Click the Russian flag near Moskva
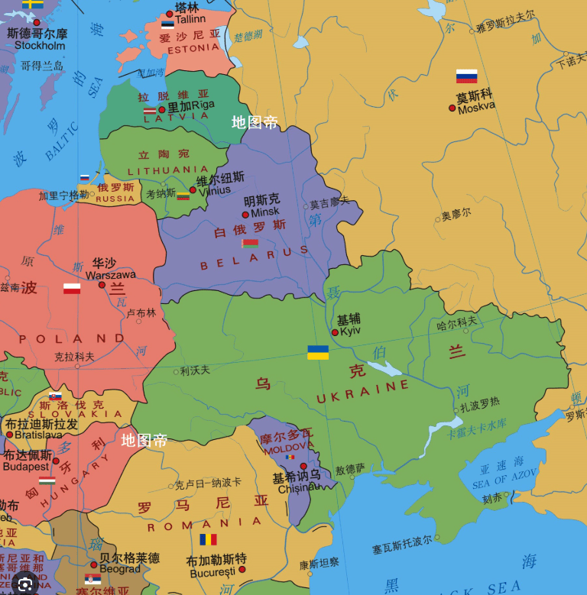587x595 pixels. click(466, 76)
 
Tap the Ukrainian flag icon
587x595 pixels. click(318, 352)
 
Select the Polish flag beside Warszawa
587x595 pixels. click(72, 289)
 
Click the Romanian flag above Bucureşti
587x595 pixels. click(208, 539)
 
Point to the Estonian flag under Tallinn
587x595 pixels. click(167, 24)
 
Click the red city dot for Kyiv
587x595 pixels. click(335, 332)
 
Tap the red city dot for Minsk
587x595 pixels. click(245, 215)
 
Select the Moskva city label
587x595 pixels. click(476, 108)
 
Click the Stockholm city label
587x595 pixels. click(40, 45)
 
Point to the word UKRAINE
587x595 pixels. click(363, 392)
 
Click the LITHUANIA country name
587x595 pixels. click(167, 170)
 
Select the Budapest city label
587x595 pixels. click(25, 466)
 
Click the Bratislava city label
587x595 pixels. click(34, 435)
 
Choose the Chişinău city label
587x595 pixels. click(299, 488)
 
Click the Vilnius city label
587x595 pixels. click(214, 191)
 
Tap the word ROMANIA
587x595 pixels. click(204, 525)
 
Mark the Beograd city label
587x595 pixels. click(120, 568)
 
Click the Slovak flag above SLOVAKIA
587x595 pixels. click(55, 396)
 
